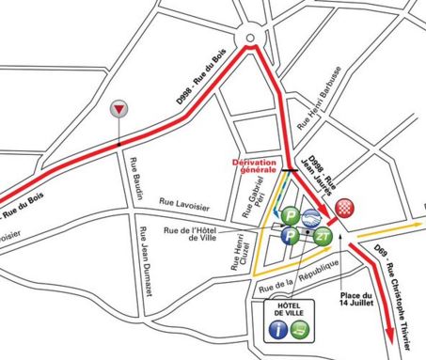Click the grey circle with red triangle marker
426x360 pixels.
[x=118, y=109]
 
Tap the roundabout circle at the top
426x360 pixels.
[x=250, y=38]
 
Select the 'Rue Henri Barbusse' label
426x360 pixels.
[x=316, y=98]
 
